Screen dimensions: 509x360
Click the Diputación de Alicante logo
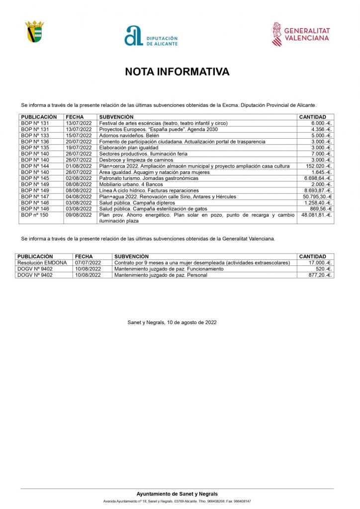point(151,36)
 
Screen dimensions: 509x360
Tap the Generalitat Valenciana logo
point(301,34)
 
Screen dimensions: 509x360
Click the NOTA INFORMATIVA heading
point(177,72)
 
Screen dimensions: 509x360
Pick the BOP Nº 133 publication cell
point(35,135)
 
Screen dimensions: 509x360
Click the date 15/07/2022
point(79,135)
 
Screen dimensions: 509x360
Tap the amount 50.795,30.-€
point(315,197)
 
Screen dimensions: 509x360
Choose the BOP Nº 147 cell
point(35,197)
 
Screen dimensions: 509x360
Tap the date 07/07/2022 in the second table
point(88,262)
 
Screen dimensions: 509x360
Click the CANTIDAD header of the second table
point(313,256)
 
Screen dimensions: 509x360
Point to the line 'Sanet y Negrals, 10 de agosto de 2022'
point(172,323)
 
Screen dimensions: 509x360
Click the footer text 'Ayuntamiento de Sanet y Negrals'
point(177,494)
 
